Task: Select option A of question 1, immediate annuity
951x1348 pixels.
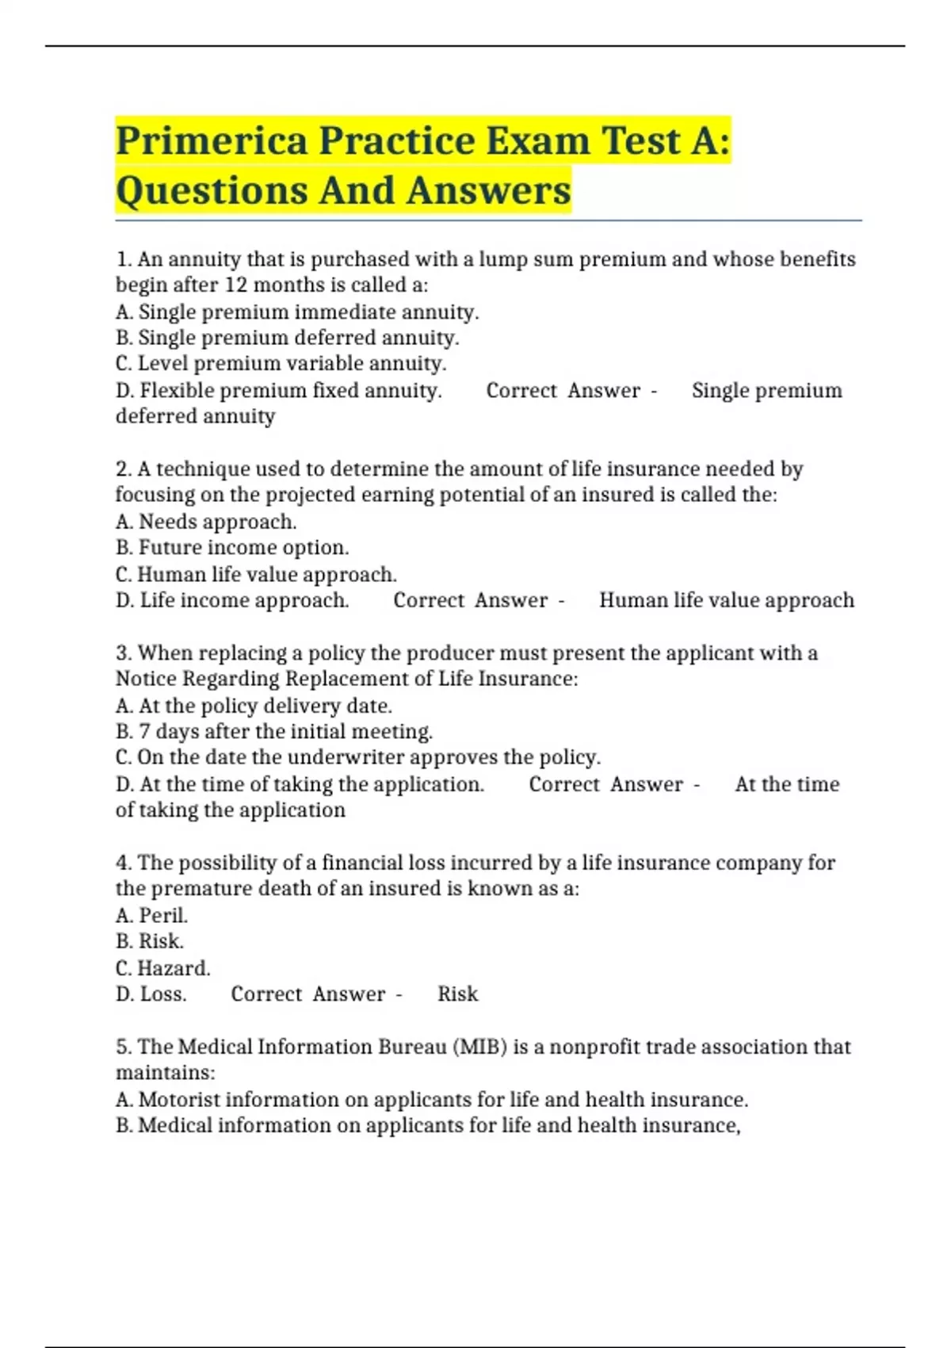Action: pyautogui.click(x=297, y=312)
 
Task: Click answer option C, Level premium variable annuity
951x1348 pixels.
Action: pyautogui.click(x=281, y=363)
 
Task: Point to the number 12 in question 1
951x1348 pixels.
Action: pyautogui.click(x=236, y=285)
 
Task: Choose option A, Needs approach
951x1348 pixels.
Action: pyautogui.click(x=206, y=522)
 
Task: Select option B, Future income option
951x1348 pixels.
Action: pyautogui.click(x=232, y=547)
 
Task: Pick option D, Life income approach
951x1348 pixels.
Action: pyautogui.click(x=232, y=600)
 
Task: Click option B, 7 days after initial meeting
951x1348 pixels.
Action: pyautogui.click(x=274, y=731)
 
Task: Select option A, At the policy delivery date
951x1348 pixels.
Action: pyautogui.click(x=254, y=706)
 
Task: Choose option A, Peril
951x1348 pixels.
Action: pyautogui.click(x=151, y=915)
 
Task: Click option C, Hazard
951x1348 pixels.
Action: pyautogui.click(x=162, y=968)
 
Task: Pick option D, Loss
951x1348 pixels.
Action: pyautogui.click(x=151, y=994)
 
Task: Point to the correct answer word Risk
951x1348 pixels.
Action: pyautogui.click(x=458, y=994)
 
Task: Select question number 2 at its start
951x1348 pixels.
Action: pyautogui.click(x=123, y=469)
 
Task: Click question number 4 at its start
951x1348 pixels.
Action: pyautogui.click(x=123, y=863)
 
